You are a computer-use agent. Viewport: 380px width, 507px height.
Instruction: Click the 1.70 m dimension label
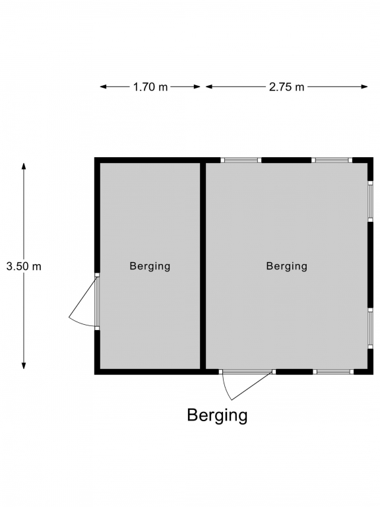(x=150, y=86)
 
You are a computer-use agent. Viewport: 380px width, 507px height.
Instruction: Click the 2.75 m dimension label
(x=286, y=86)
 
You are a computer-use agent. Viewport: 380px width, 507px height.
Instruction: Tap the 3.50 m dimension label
(x=24, y=266)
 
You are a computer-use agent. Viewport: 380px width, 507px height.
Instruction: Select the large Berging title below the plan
(x=217, y=415)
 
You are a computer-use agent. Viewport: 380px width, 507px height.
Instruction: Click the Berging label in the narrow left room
(x=150, y=266)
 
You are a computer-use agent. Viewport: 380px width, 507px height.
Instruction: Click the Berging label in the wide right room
(x=286, y=266)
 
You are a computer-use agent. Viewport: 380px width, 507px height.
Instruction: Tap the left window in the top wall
(x=241, y=160)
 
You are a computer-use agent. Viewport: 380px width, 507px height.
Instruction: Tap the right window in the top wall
(x=332, y=160)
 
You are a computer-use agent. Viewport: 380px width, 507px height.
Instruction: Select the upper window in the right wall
(x=370, y=201)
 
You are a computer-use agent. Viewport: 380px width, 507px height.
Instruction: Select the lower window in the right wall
(x=370, y=328)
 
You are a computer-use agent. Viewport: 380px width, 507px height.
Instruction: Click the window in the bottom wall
(x=333, y=372)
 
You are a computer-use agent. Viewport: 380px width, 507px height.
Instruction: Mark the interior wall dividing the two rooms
(x=203, y=266)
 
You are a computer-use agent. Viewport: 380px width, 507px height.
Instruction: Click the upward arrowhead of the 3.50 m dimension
(x=24, y=166)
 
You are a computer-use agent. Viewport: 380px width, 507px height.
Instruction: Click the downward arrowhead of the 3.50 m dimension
(x=24, y=366)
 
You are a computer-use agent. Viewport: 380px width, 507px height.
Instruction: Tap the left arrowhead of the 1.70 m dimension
(x=104, y=86)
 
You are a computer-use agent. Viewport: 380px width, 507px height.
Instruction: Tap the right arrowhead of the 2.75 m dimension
(x=364, y=86)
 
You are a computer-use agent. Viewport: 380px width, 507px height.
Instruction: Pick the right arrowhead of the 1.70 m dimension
(x=197, y=86)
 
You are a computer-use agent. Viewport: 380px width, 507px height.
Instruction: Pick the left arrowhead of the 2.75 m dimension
(x=209, y=86)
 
